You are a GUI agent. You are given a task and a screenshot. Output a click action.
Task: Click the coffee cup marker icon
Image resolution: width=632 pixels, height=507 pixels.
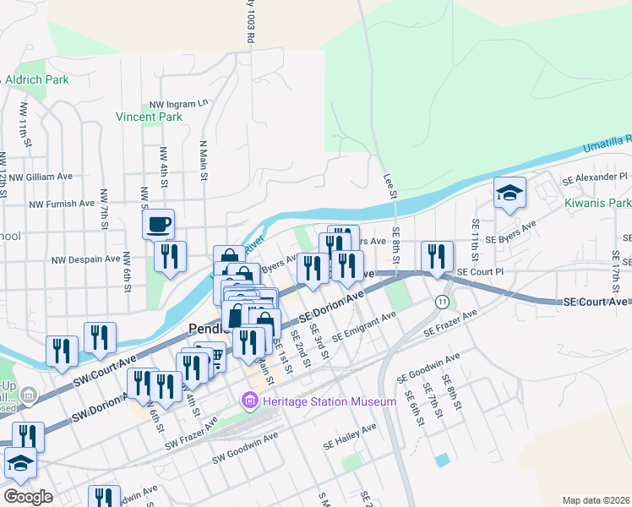pyautogui.click(x=159, y=225)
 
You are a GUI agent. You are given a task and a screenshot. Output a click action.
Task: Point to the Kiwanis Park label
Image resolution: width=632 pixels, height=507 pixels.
pyautogui.click(x=597, y=204)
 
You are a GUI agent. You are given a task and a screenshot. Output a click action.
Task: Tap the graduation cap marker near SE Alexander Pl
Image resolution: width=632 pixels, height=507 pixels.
pyautogui.click(x=510, y=194)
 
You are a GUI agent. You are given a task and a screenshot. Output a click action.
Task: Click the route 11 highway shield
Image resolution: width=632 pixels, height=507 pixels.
pyautogui.click(x=442, y=302)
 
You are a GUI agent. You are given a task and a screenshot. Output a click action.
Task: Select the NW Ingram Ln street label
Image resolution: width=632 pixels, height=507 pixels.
pyautogui.click(x=178, y=104)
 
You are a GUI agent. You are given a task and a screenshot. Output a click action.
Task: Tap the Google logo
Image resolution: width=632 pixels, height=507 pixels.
pyautogui.click(x=28, y=497)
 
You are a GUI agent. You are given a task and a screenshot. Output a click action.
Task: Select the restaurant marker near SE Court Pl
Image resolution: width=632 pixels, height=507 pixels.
pyautogui.click(x=437, y=256)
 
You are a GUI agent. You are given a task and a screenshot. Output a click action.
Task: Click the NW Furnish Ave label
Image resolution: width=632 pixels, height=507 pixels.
pyautogui.click(x=62, y=204)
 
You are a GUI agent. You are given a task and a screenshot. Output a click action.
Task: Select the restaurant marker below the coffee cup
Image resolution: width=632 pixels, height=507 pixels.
pyautogui.click(x=171, y=256)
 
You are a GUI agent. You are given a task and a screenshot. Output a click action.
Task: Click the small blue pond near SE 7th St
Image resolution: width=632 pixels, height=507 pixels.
pyautogui.click(x=443, y=461)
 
